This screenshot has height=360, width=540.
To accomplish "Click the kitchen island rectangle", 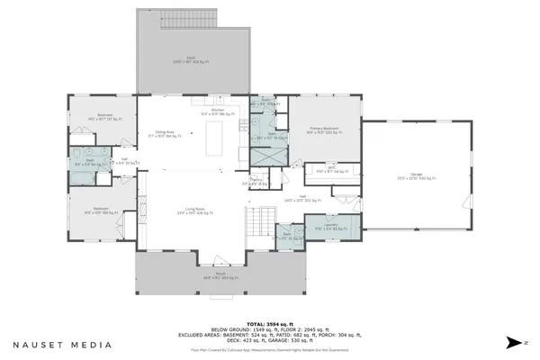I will click(x=215, y=140).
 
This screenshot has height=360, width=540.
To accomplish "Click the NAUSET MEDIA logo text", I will click(x=62, y=344).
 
